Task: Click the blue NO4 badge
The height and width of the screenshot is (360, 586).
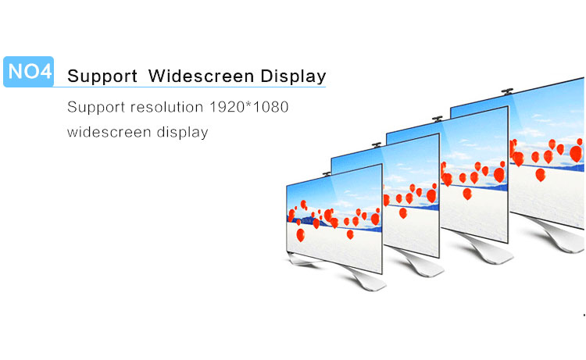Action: [28, 72]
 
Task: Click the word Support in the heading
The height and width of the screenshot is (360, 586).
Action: [102, 77]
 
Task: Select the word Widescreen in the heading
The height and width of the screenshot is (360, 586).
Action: [201, 76]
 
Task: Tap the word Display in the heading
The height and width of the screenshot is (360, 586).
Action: [293, 77]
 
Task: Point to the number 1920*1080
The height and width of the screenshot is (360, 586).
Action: [249, 107]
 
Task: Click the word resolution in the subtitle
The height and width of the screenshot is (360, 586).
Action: [166, 107]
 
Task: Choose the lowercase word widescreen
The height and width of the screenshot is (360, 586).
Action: [109, 132]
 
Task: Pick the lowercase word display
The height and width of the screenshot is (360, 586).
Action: [182, 133]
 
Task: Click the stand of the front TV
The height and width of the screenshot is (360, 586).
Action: [348, 274]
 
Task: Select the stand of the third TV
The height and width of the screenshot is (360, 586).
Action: [483, 248]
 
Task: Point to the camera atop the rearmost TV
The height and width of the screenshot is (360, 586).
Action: [507, 91]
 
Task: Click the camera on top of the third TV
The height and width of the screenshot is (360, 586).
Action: [438, 119]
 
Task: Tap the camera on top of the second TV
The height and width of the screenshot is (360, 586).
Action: [377, 144]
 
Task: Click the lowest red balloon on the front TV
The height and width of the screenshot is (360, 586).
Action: [301, 235]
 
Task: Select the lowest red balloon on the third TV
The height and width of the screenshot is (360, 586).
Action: [467, 194]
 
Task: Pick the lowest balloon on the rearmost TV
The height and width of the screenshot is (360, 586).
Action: [541, 175]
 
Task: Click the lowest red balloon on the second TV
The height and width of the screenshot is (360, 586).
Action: [403, 213]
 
